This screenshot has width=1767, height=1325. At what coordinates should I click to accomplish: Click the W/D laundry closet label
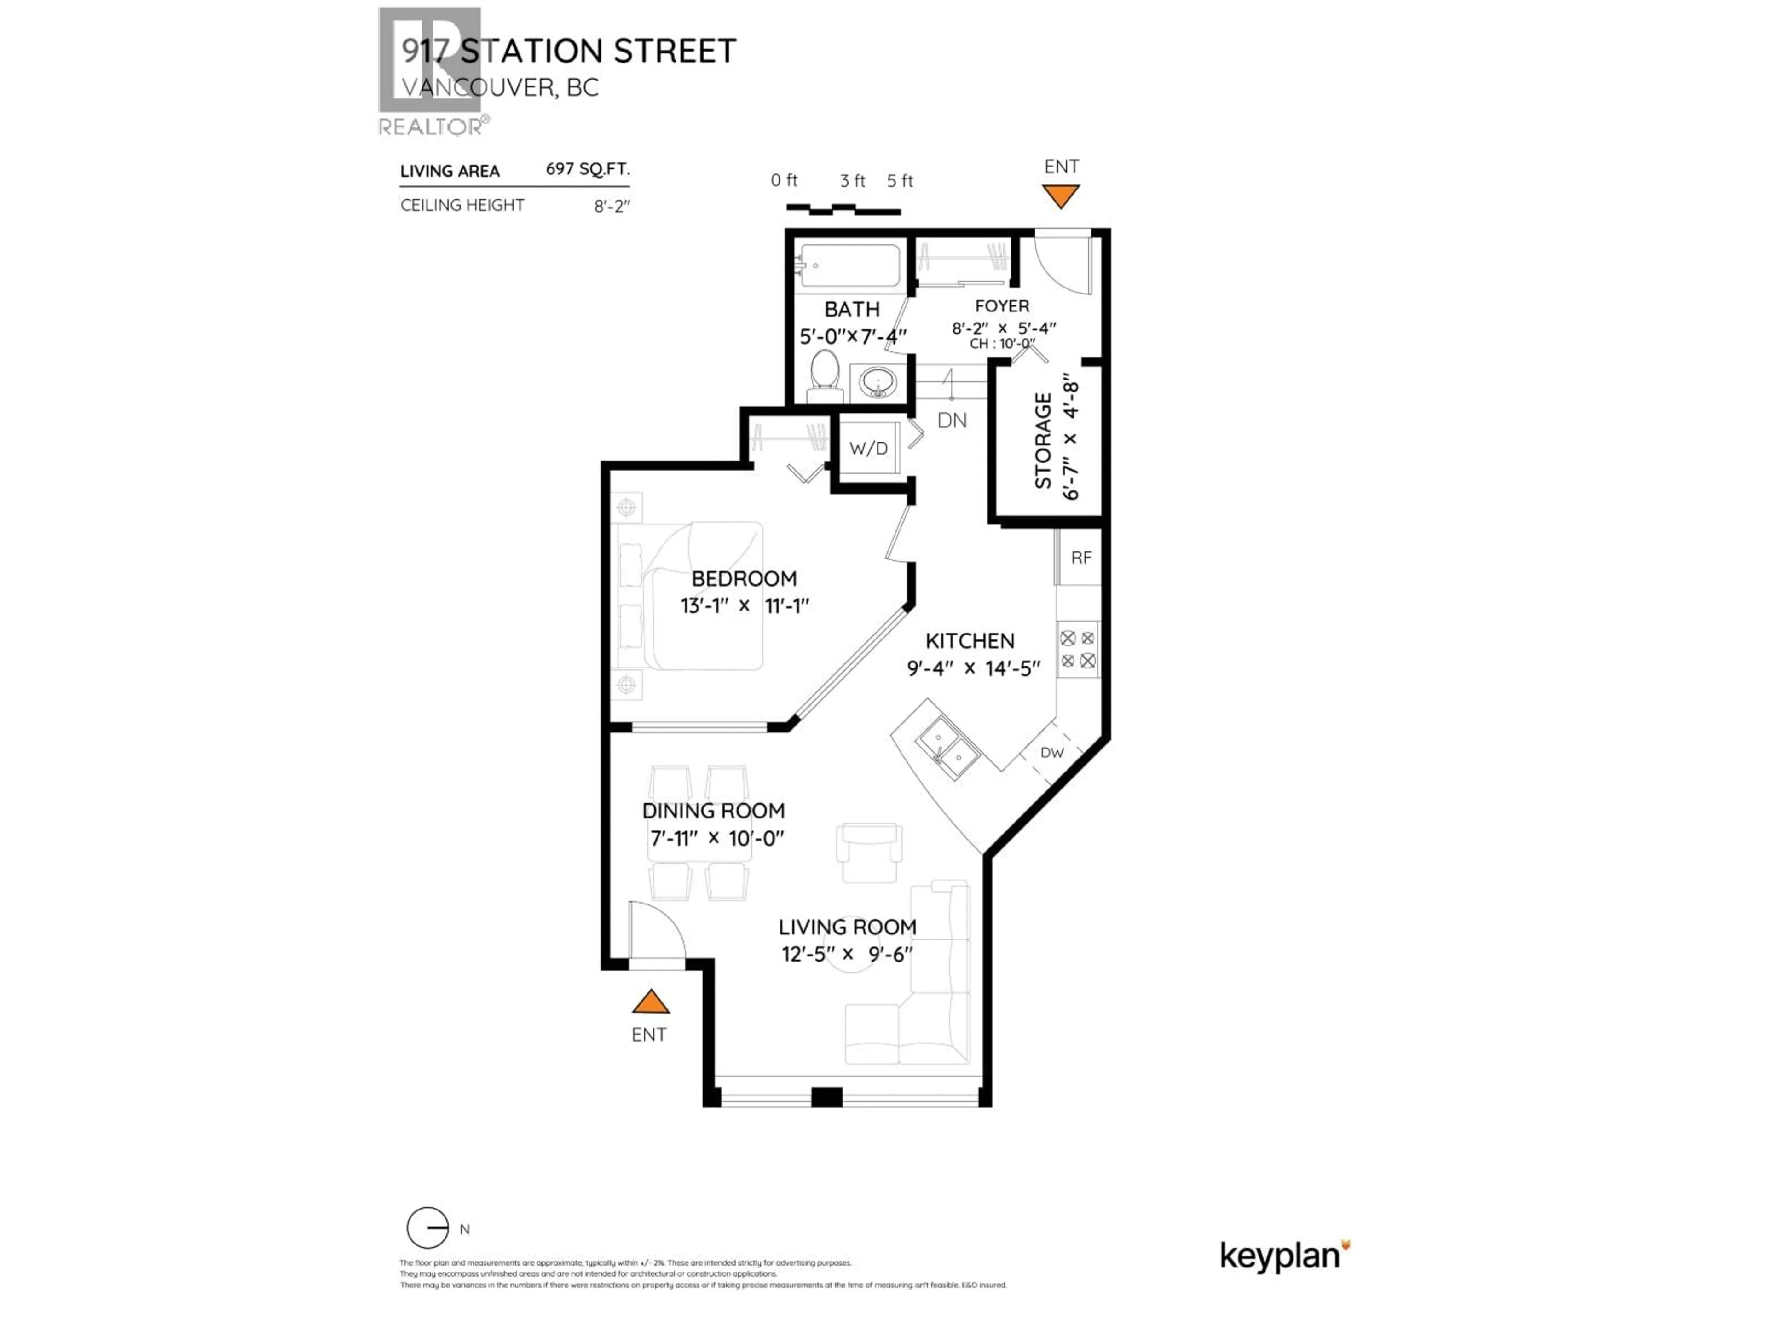868,448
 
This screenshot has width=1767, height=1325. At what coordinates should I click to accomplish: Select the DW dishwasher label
1051,752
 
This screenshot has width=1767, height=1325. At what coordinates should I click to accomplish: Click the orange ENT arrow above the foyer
1061,196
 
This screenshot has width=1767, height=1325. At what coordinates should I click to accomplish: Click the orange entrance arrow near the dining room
650,1002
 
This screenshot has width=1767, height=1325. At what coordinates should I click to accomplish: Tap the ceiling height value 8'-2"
612,206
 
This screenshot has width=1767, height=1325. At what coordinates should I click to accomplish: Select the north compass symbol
428,1227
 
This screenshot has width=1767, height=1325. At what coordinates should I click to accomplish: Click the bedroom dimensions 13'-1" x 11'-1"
745,605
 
